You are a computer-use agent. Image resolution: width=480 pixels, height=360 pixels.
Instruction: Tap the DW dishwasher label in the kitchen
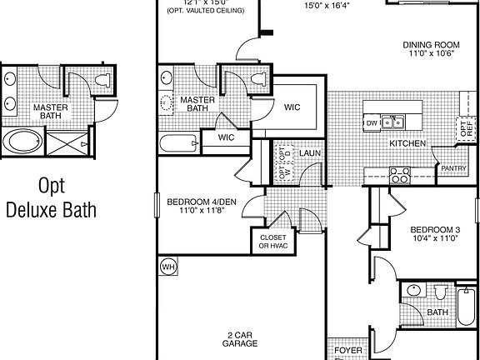pos(372,123)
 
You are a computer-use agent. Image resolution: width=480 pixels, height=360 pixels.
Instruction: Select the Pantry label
pos(452,169)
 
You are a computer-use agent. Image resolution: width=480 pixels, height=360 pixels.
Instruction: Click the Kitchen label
pos(408,143)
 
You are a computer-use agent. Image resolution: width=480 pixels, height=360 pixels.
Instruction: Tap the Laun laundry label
pos(312,153)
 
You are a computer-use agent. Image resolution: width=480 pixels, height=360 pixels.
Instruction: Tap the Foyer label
pos(348,351)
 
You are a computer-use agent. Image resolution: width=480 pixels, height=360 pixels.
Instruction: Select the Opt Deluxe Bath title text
pos(50,197)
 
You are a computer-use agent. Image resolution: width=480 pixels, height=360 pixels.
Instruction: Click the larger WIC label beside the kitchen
pos(292,107)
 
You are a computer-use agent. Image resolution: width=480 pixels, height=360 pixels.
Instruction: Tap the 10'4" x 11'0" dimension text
pos(435,238)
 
